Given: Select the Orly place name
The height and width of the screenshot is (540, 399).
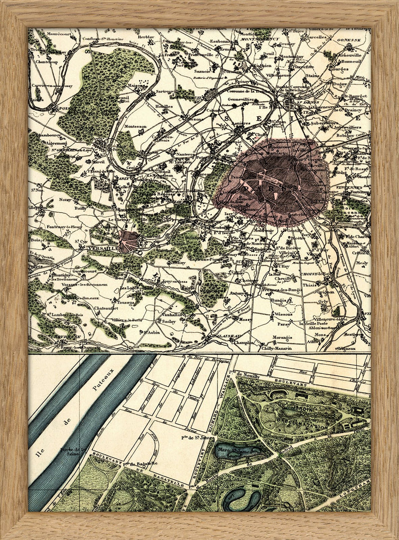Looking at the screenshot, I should click(x=323, y=301).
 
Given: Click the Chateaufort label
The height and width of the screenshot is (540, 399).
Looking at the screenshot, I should click(x=106, y=309).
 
